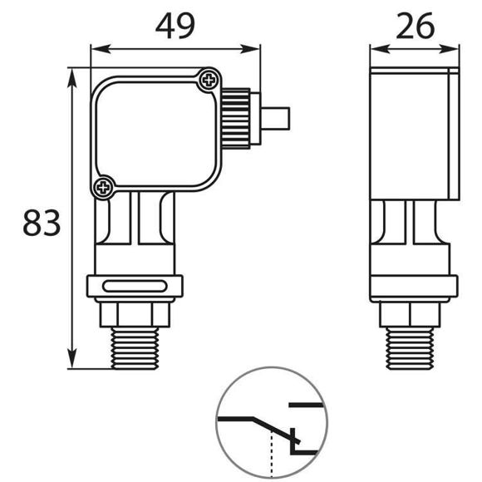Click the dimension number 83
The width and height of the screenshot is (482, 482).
pyautogui.click(x=42, y=222)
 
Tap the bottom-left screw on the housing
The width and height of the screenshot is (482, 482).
pyautogui.click(x=103, y=187)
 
